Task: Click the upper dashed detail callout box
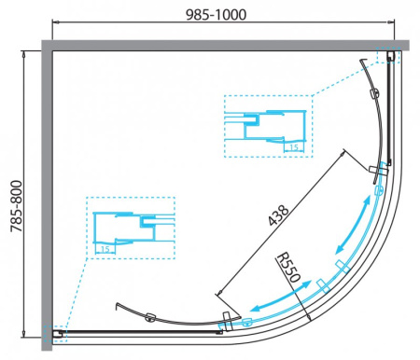point(269,126)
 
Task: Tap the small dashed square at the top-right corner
point(387,56)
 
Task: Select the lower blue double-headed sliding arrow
point(284,298)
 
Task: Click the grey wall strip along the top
point(224,45)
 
